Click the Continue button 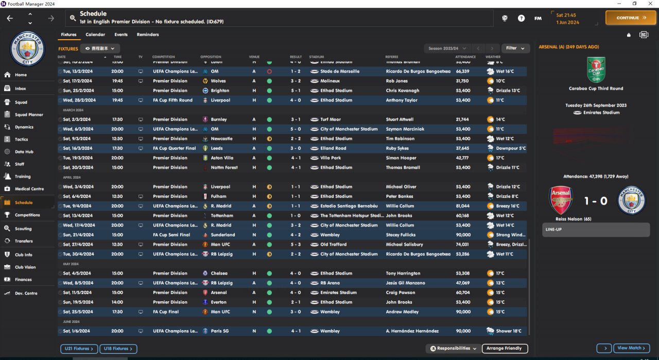click(x=631, y=18)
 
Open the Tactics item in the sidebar click(x=21, y=140)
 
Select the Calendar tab click(x=95, y=35)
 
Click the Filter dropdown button click(x=515, y=48)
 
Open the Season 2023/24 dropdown click(x=447, y=48)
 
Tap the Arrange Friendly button click(x=505, y=349)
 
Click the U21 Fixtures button click(x=78, y=349)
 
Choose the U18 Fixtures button click(x=118, y=349)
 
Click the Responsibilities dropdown click(x=454, y=349)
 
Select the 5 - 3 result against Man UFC click(x=296, y=245)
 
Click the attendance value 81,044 click(x=462, y=206)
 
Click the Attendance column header click(x=465, y=57)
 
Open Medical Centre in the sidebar click(x=29, y=189)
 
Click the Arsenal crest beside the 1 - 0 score click(x=561, y=200)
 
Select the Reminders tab click(x=148, y=35)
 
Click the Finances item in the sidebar click(x=23, y=280)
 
